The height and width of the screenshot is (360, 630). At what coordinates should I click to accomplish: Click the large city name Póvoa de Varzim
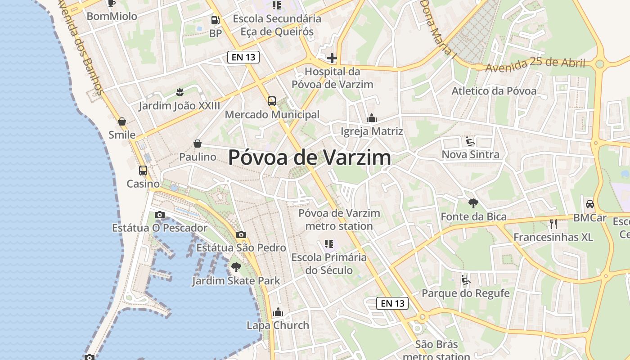[310, 157]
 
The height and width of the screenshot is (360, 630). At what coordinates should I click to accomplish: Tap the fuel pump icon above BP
[216, 20]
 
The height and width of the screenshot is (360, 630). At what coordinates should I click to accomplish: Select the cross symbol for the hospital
[332, 58]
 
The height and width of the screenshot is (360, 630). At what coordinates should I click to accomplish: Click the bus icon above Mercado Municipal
[272, 101]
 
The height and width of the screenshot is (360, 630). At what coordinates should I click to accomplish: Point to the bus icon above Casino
[143, 171]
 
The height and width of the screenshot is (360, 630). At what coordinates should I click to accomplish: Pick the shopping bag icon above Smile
[122, 121]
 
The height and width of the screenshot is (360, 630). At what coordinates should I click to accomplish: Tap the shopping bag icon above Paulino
[197, 144]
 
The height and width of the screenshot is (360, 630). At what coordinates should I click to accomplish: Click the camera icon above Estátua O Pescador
[159, 215]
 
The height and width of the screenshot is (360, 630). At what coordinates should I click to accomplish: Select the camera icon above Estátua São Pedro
[241, 234]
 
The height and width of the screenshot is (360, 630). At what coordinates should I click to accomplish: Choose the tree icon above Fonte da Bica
[473, 203]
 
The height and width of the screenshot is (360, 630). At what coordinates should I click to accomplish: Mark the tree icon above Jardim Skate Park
[236, 267]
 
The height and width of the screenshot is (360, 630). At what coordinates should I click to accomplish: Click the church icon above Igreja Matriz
[372, 118]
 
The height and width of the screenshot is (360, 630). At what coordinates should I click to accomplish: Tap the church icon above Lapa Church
[278, 312]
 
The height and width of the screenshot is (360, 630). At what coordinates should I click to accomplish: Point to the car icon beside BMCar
[589, 204]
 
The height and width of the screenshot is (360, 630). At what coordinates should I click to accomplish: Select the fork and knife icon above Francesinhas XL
[553, 224]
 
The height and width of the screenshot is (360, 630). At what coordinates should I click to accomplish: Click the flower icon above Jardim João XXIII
[180, 92]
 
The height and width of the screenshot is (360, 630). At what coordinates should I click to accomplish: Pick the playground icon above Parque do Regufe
[466, 280]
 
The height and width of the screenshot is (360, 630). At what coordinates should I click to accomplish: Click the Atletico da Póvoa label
[494, 91]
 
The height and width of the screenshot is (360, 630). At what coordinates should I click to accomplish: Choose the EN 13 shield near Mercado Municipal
[243, 57]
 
